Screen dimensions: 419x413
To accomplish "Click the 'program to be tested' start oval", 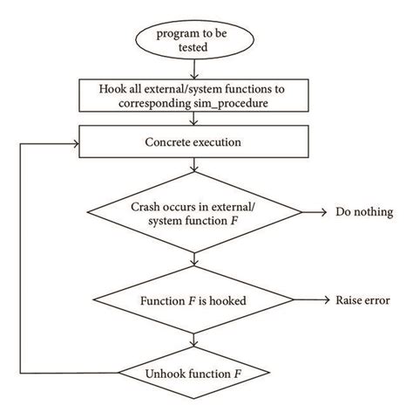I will tap(194, 40).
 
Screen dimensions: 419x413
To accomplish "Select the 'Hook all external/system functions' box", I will tap(194, 95).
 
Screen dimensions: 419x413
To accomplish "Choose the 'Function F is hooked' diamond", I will tap(194, 301).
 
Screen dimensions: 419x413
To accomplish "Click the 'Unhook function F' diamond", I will tap(194, 374).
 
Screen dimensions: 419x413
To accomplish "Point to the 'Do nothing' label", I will tap(364, 212).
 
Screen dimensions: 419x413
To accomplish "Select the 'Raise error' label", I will tap(362, 301).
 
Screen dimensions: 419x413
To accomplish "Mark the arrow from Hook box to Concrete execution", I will tap(194, 118).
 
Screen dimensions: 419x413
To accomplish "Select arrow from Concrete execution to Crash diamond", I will tap(194, 168).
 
